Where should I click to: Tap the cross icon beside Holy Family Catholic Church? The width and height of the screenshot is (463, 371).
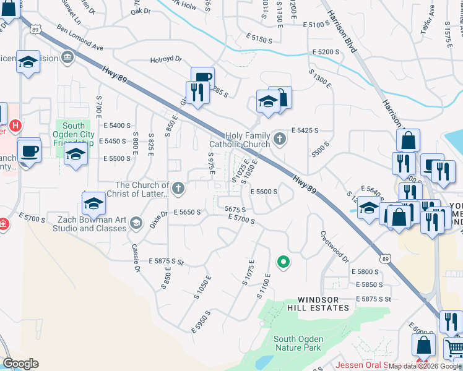pos(280,139)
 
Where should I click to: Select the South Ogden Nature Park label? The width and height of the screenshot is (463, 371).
pos(297,343)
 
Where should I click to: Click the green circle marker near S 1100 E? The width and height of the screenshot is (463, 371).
pos(283,263)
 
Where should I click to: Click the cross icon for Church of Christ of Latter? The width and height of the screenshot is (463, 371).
pos(178,188)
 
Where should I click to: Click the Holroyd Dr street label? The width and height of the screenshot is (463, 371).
pos(166,60)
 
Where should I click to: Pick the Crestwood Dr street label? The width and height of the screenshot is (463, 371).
pos(334,246)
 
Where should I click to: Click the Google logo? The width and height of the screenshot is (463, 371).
pos(20,364)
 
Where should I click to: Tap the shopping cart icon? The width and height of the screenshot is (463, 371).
pos(454,348)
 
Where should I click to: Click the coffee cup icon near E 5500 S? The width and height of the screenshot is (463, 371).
pos(29,150)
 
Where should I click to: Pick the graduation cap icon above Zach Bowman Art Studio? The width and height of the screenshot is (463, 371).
pos(93,202)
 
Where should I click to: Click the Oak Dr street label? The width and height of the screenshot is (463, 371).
pos(141,11)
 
